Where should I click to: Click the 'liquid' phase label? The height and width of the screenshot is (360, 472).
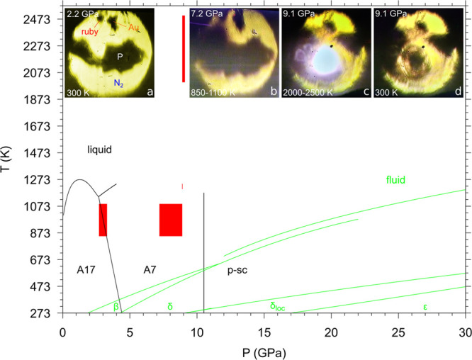tap(100, 150)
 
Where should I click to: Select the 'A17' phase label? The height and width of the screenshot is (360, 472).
tap(88, 269)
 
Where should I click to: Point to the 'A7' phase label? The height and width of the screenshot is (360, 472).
tap(150, 269)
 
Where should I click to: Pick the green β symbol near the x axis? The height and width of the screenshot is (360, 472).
tap(116, 306)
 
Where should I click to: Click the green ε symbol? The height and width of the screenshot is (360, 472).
tap(425, 307)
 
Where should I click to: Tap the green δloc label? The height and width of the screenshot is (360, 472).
tap(282, 307)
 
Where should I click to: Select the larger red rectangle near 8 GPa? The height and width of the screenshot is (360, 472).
tap(171, 220)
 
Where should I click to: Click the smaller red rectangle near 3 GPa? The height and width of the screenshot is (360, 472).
tap(103, 220)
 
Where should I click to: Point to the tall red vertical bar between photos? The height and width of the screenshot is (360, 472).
tap(183, 49)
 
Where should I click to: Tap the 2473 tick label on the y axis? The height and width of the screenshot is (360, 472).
tap(41, 19)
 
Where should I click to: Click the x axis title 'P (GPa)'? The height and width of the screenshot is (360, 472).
tap(264, 350)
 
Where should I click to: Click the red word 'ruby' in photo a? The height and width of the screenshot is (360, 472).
tap(90, 30)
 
